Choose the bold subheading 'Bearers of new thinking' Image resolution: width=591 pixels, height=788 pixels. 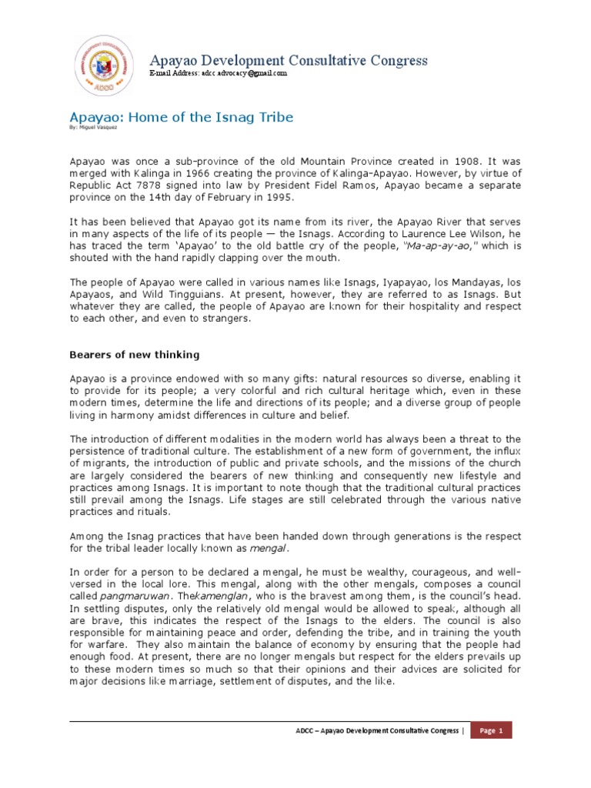tap(135, 355)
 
